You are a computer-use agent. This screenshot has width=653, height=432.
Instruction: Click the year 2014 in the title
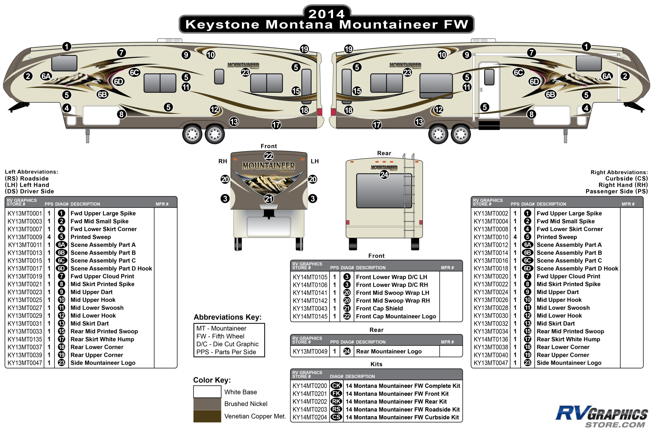(326, 14)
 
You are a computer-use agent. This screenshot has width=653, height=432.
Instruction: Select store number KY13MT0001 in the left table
(25, 214)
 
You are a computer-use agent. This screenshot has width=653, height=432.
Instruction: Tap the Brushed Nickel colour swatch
(207, 404)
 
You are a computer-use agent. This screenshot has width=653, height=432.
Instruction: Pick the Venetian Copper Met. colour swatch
(207, 416)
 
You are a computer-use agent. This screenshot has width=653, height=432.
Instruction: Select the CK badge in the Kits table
(336, 386)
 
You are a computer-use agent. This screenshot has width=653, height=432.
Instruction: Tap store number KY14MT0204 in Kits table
(310, 417)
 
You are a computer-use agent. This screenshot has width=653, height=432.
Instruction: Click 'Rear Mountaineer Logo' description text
(389, 352)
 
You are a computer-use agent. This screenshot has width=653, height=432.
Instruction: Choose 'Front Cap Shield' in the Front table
(380, 308)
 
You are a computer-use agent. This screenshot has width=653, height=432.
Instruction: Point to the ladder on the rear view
(409, 196)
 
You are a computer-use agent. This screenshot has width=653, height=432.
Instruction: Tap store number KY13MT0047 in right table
(491, 363)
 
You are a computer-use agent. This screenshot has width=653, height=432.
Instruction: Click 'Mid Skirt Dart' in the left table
(90, 324)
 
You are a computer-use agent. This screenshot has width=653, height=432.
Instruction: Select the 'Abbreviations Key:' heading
(227, 317)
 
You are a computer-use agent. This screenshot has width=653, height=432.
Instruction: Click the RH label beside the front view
(223, 161)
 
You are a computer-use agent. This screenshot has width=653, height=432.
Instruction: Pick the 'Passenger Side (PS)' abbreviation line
(617, 191)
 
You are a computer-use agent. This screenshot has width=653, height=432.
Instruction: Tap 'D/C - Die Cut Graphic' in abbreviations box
(227, 344)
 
